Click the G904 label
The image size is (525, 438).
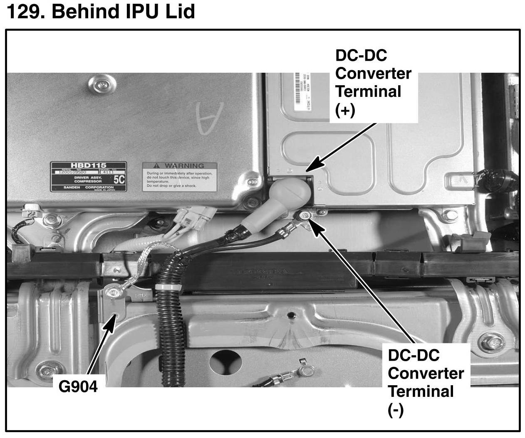point(78,386)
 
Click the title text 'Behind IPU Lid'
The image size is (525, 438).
point(123,11)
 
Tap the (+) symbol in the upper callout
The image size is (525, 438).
point(345,111)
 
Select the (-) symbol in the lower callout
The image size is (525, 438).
point(396,411)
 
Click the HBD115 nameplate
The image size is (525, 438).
point(88,177)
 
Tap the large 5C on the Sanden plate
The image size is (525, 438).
point(119,180)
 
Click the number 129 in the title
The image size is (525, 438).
point(22,11)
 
